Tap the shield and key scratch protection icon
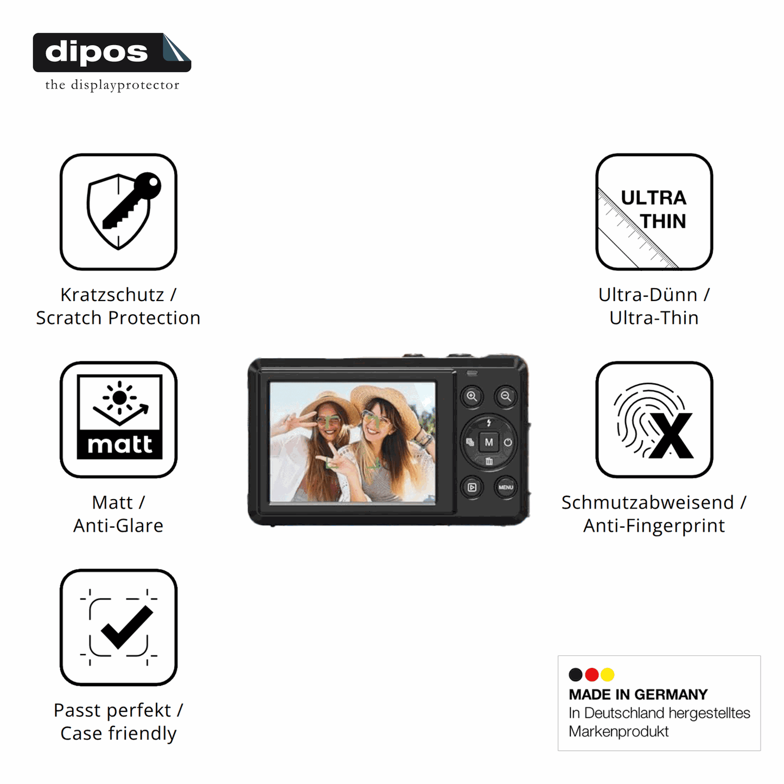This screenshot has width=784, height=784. click(118, 212)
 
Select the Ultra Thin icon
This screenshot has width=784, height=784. click(654, 212)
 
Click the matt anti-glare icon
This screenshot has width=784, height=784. click(118, 419)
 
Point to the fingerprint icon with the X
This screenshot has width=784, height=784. click(654, 419)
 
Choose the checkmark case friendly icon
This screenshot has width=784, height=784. click(118, 627)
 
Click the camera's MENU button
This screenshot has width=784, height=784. click(506, 487)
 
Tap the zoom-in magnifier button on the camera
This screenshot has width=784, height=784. click(471, 396)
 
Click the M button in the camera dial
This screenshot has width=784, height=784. click(489, 442)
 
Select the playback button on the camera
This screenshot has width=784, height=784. click(472, 487)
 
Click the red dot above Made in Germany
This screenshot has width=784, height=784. click(591, 674)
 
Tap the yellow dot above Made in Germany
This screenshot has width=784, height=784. click(608, 674)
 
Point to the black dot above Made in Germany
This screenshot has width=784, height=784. click(575, 674)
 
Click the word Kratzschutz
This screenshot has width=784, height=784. click(112, 295)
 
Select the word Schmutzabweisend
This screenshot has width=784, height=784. click(648, 502)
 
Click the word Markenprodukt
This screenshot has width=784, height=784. click(619, 731)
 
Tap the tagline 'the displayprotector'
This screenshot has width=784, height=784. click(112, 85)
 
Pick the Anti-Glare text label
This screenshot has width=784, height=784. click(118, 525)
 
